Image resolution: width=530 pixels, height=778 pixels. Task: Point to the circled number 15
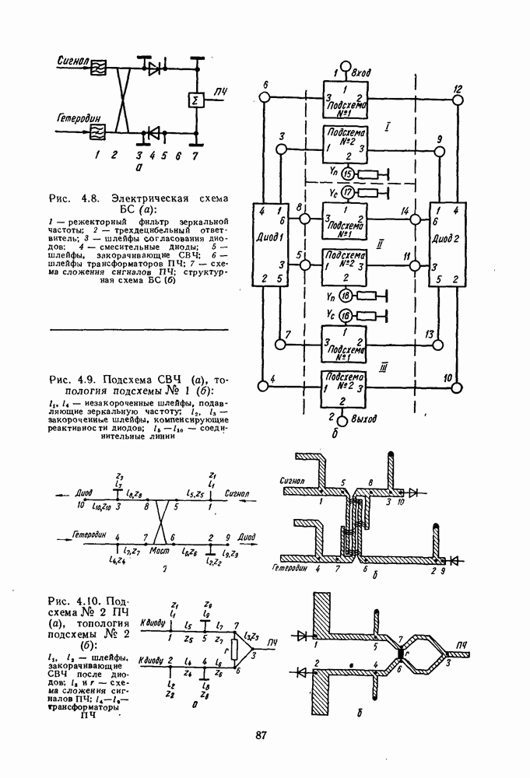(348, 173)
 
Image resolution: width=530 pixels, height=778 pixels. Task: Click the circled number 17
(348, 191)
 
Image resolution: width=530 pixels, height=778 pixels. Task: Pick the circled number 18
(348, 295)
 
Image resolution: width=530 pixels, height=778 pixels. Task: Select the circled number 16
(348, 314)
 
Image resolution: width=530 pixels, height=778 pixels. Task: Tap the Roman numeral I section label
(388, 124)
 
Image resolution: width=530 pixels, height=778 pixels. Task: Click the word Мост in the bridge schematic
(160, 549)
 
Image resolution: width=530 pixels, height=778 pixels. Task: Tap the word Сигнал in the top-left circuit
(72, 60)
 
